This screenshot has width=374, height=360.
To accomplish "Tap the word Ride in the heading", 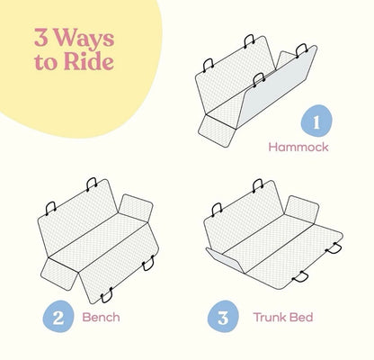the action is pos(89,62).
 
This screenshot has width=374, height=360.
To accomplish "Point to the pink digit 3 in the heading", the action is pos(41,38).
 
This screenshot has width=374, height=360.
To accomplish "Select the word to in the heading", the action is pos(47,63).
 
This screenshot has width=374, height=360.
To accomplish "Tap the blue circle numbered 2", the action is pos(58,317).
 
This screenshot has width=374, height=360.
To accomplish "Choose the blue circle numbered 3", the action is pos(223,317).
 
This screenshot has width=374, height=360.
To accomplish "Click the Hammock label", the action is pos(298,147).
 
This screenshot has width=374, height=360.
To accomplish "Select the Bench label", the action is pos(101,317).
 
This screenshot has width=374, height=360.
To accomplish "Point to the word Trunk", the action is pos(271,317).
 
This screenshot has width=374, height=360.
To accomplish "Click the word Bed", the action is pos(302,317).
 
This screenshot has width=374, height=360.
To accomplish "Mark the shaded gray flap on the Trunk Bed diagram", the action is pos(225,259).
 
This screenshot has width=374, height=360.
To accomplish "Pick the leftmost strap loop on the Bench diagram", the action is pos(50,208).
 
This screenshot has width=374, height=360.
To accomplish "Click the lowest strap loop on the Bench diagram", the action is pos(107,295).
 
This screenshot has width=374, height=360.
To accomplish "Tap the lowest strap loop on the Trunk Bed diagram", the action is pos(300,276).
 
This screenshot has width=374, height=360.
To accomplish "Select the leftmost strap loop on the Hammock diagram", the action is pos(208,65).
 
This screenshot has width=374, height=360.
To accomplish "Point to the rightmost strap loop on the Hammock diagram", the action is pos(302,50).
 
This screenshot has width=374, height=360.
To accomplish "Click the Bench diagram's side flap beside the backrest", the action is pos(136,208).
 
